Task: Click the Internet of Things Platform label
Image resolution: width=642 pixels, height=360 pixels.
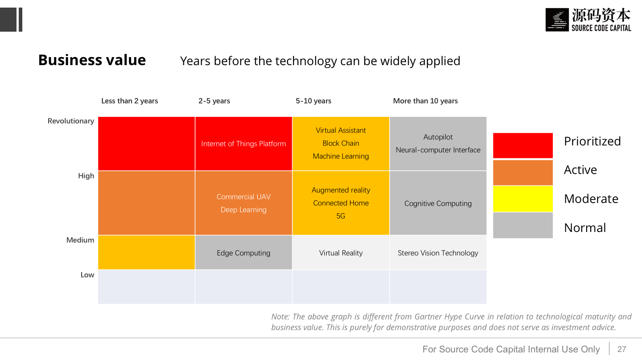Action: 243,144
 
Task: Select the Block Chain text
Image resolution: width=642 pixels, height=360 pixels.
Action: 340,143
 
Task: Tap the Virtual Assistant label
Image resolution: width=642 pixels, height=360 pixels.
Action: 340,130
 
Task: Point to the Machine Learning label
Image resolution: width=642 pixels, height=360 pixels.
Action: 340,156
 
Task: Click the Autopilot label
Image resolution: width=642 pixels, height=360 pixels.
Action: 438,137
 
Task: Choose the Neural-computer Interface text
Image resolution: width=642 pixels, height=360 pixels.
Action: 438,150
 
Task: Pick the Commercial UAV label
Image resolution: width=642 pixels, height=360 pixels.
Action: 243,197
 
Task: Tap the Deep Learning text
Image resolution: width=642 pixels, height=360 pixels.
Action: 243,210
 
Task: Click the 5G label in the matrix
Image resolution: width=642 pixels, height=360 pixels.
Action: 340,216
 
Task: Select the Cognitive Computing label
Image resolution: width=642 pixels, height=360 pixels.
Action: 438,203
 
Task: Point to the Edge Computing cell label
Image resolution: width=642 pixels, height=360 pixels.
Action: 243,253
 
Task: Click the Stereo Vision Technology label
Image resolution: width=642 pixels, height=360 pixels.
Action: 438,253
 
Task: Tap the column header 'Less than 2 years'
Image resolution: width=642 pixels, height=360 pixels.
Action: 129,101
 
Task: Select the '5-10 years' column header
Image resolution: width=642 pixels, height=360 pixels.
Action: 313,101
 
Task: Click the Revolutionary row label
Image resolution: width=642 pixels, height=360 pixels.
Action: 71,121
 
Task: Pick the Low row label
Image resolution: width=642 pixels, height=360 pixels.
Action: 87,275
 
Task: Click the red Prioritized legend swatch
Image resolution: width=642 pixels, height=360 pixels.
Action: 522,145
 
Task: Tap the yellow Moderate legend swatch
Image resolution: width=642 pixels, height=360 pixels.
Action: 522,199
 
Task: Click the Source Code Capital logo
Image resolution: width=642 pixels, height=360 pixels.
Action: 588,20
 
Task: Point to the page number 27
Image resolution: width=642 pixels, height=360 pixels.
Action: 622,349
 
